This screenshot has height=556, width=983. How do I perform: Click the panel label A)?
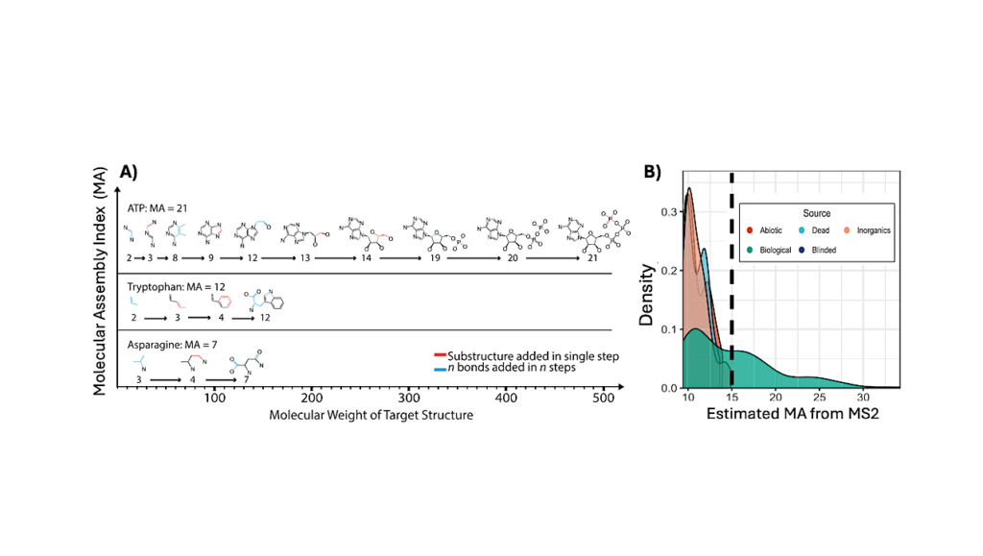pyautogui.click(x=130, y=172)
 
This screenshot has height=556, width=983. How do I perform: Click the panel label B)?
pyautogui.click(x=652, y=172)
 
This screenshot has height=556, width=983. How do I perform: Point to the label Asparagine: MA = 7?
pyautogui.click(x=171, y=343)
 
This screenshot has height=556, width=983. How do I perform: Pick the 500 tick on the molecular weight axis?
pyautogui.click(x=507, y=398)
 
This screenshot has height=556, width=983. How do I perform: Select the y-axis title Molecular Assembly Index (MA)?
pyautogui.click(x=100, y=278)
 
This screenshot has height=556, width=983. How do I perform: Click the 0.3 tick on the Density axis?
pyautogui.click(x=670, y=207)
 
